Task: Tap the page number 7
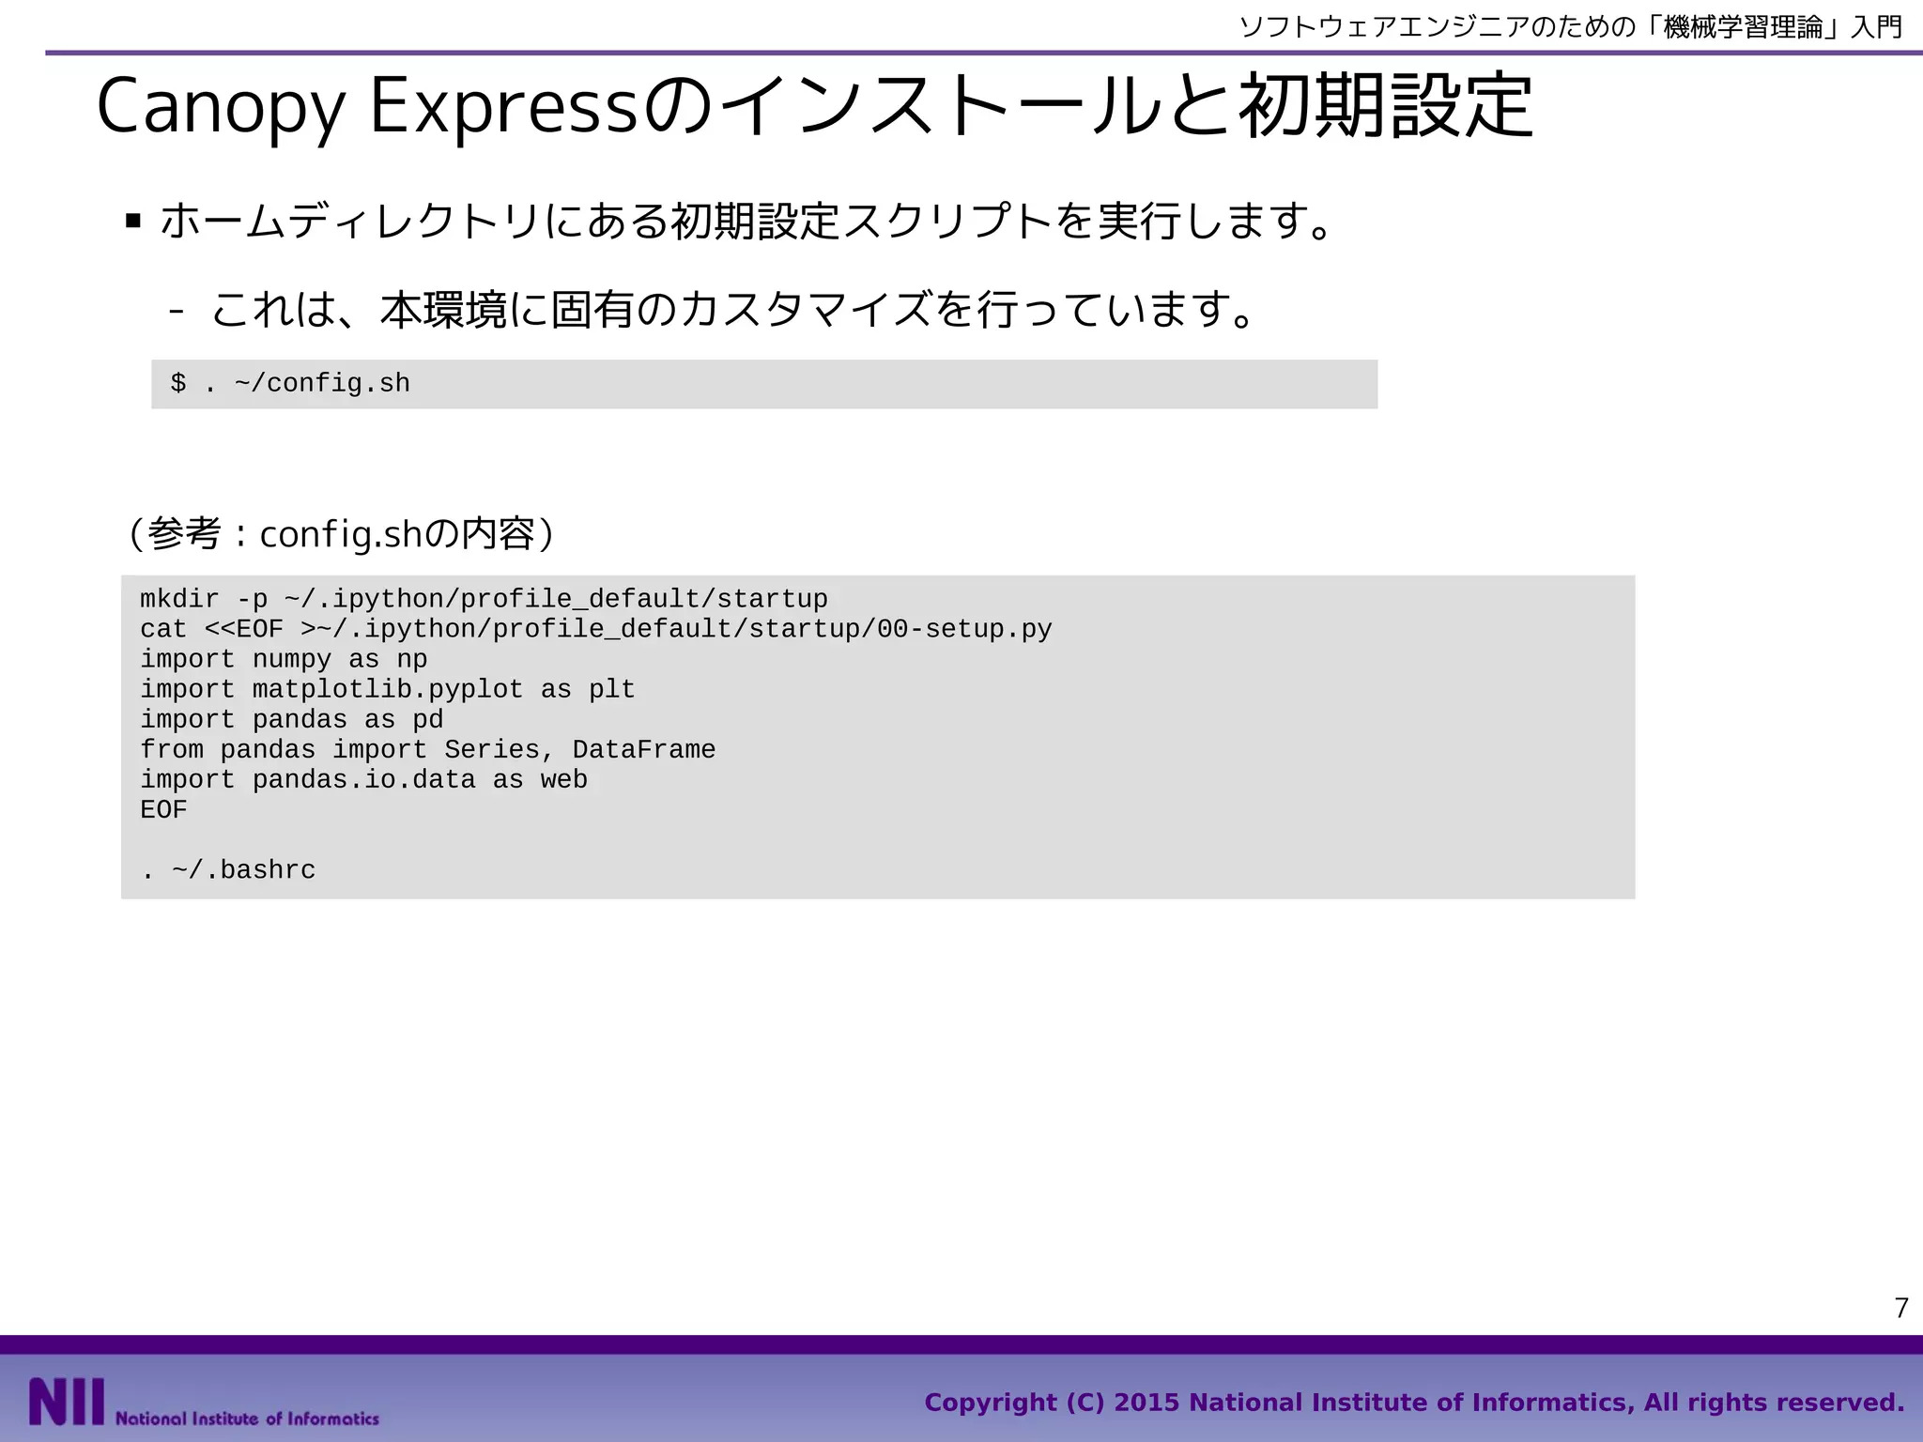(x=1901, y=1308)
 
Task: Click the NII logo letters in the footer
(x=66, y=1403)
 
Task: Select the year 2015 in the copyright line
(x=1146, y=1403)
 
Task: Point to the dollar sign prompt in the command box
(x=178, y=383)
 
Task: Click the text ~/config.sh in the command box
(x=322, y=383)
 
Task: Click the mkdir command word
(x=179, y=599)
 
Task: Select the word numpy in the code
(x=292, y=659)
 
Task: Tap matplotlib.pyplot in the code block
(x=388, y=689)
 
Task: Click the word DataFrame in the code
(x=644, y=749)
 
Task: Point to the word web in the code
(x=564, y=779)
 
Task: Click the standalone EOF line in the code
(x=163, y=809)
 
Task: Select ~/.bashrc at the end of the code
(x=244, y=870)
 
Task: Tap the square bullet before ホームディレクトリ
(x=133, y=222)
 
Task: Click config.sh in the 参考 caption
(x=341, y=535)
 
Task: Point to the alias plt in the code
(x=612, y=689)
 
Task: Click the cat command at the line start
(x=163, y=629)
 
